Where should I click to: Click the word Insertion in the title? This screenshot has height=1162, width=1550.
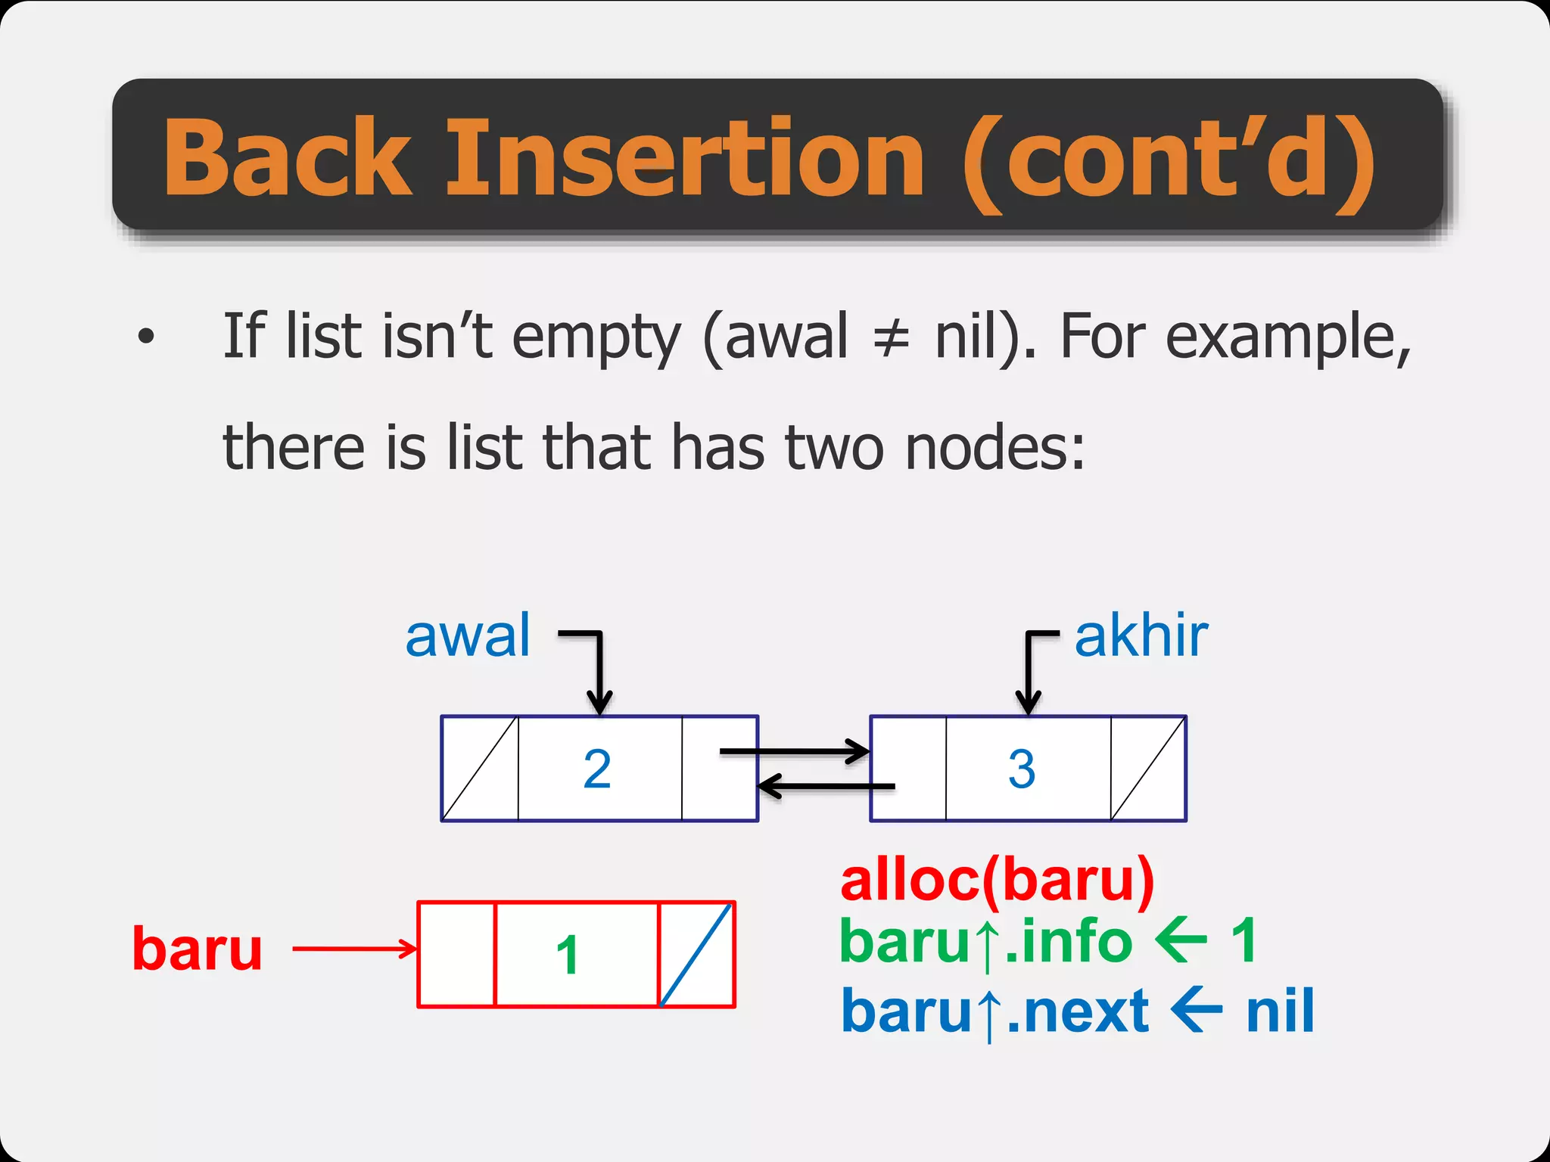(x=685, y=157)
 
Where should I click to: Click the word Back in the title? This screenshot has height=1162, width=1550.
(x=288, y=157)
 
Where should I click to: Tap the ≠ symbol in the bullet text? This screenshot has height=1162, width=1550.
(x=891, y=338)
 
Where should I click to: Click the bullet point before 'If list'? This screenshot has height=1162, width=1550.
(x=146, y=337)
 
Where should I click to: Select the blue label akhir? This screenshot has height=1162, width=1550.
(x=1141, y=636)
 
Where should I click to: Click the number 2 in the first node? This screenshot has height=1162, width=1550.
(x=597, y=769)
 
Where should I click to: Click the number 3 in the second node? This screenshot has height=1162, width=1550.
(x=1022, y=769)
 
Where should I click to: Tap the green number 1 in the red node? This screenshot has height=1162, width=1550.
(x=568, y=955)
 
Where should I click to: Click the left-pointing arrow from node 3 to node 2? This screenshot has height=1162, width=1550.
(x=825, y=787)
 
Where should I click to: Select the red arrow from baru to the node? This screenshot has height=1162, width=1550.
(x=354, y=948)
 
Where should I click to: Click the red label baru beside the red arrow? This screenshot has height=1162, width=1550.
(x=198, y=949)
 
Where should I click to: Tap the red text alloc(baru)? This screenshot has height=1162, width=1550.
(x=997, y=881)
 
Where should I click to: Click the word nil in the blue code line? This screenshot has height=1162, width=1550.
(x=1280, y=1011)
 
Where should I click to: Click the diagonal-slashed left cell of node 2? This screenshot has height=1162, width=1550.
(x=480, y=769)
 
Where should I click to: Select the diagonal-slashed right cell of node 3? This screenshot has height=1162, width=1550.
(x=1148, y=769)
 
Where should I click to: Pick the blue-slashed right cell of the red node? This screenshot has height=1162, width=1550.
(x=696, y=955)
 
